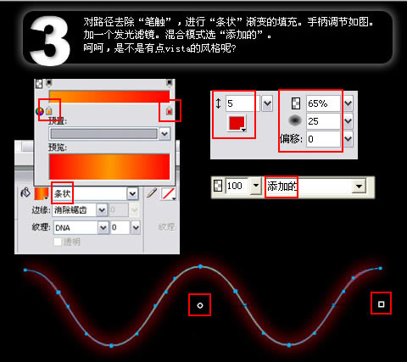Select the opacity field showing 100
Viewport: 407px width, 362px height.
click(x=237, y=185)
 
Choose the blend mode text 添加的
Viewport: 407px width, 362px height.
click(x=281, y=185)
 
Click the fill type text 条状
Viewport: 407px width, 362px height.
click(x=62, y=193)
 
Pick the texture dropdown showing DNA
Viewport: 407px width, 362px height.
click(x=75, y=227)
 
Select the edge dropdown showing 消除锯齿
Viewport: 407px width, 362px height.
click(x=81, y=210)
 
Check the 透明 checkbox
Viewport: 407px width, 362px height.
click(x=58, y=242)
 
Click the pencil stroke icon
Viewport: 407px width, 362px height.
click(x=153, y=193)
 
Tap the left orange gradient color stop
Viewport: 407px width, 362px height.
click(x=48, y=111)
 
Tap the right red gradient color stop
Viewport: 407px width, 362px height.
click(x=169, y=111)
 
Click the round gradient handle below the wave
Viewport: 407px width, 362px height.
click(x=199, y=304)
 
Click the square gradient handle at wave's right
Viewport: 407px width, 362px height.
click(x=381, y=303)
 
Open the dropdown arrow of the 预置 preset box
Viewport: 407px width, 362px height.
click(x=164, y=133)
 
